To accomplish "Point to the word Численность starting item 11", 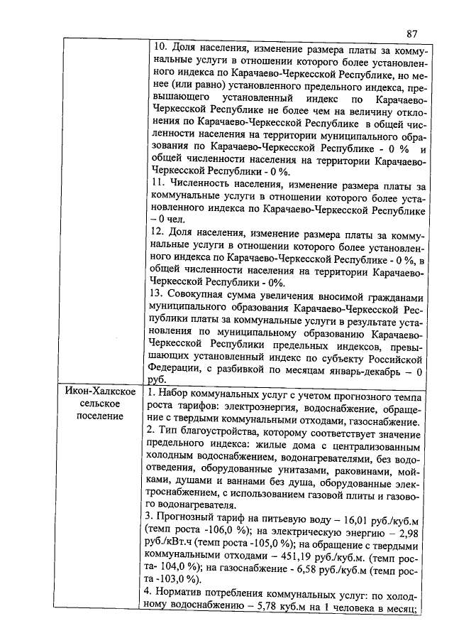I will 201,185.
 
